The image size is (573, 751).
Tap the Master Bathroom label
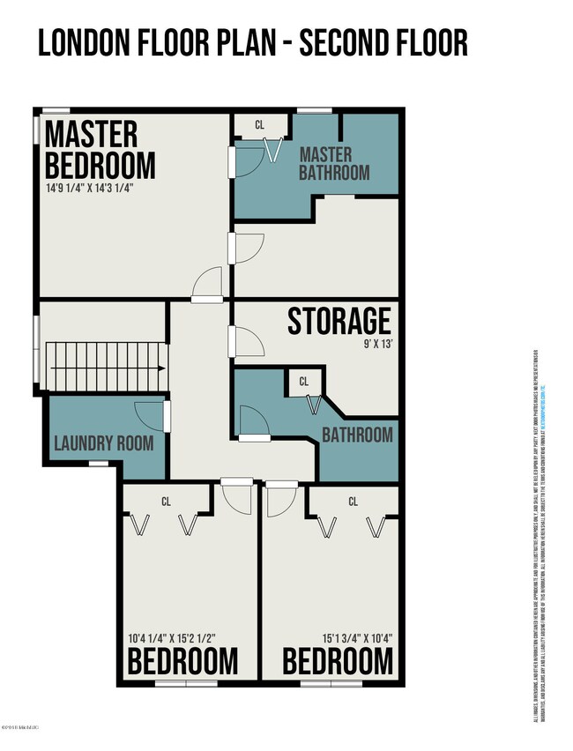pos(334,163)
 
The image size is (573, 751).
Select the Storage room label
pos(339,322)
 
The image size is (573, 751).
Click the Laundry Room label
pos(104,442)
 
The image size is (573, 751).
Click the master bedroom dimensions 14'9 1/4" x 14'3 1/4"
pos(89,188)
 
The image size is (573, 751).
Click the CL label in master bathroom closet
pos(259,125)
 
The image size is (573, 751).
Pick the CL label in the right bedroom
pos(353,502)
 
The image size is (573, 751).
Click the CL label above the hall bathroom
pos(303,382)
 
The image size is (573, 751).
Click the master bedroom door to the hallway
pos(208,284)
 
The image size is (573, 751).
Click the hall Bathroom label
pos(357,435)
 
